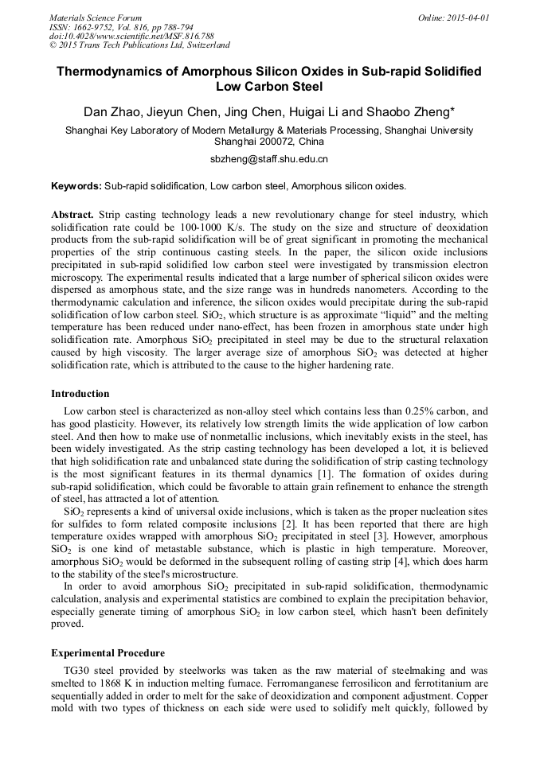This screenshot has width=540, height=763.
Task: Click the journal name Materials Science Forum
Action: (96, 18)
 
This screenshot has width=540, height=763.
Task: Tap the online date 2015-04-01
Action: (467, 18)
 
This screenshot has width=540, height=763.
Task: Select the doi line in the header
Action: (131, 37)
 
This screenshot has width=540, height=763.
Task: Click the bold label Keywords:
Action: (76, 186)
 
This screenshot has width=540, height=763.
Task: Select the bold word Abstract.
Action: (72, 216)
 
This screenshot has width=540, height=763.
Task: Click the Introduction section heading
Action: (80, 394)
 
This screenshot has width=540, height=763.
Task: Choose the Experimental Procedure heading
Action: (108, 653)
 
